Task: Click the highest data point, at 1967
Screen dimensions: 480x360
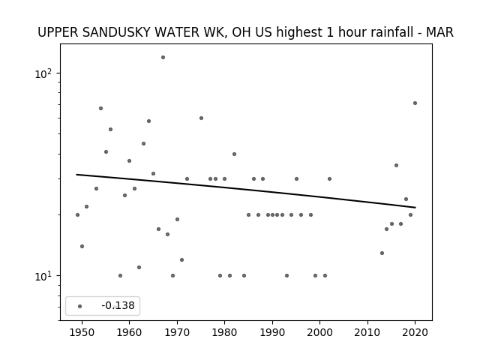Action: pyautogui.click(x=163, y=57)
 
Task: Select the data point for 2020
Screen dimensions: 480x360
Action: pyautogui.click(x=415, y=103)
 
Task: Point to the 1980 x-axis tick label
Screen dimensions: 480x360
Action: pyautogui.click(x=224, y=332)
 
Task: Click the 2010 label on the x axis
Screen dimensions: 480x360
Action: pyautogui.click(x=367, y=332)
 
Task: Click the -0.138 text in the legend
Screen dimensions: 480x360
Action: pyautogui.click(x=118, y=305)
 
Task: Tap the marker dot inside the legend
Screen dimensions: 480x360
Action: pyautogui.click(x=79, y=306)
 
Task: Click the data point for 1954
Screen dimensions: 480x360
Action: pyautogui.click(x=100, y=108)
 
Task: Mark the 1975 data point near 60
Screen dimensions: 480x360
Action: pyautogui.click(x=201, y=118)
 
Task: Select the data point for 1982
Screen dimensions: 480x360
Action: pyautogui.click(x=234, y=154)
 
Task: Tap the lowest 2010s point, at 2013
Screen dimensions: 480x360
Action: pyautogui.click(x=382, y=253)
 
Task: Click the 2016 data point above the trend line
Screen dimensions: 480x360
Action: pyautogui.click(x=396, y=165)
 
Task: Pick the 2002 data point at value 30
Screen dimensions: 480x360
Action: pyautogui.click(x=329, y=178)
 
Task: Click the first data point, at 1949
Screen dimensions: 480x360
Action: pyautogui.click(x=77, y=215)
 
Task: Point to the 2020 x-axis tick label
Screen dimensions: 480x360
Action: pyautogui.click(x=415, y=332)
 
